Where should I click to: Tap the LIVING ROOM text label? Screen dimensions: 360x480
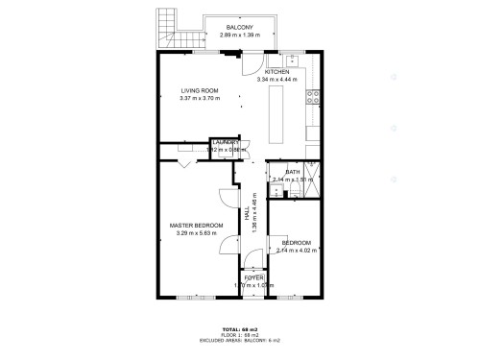click(201, 91)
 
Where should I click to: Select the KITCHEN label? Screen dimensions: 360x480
click(277, 72)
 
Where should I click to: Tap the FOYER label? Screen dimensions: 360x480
click(253, 277)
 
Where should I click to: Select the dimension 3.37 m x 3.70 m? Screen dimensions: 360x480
click(201, 99)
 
